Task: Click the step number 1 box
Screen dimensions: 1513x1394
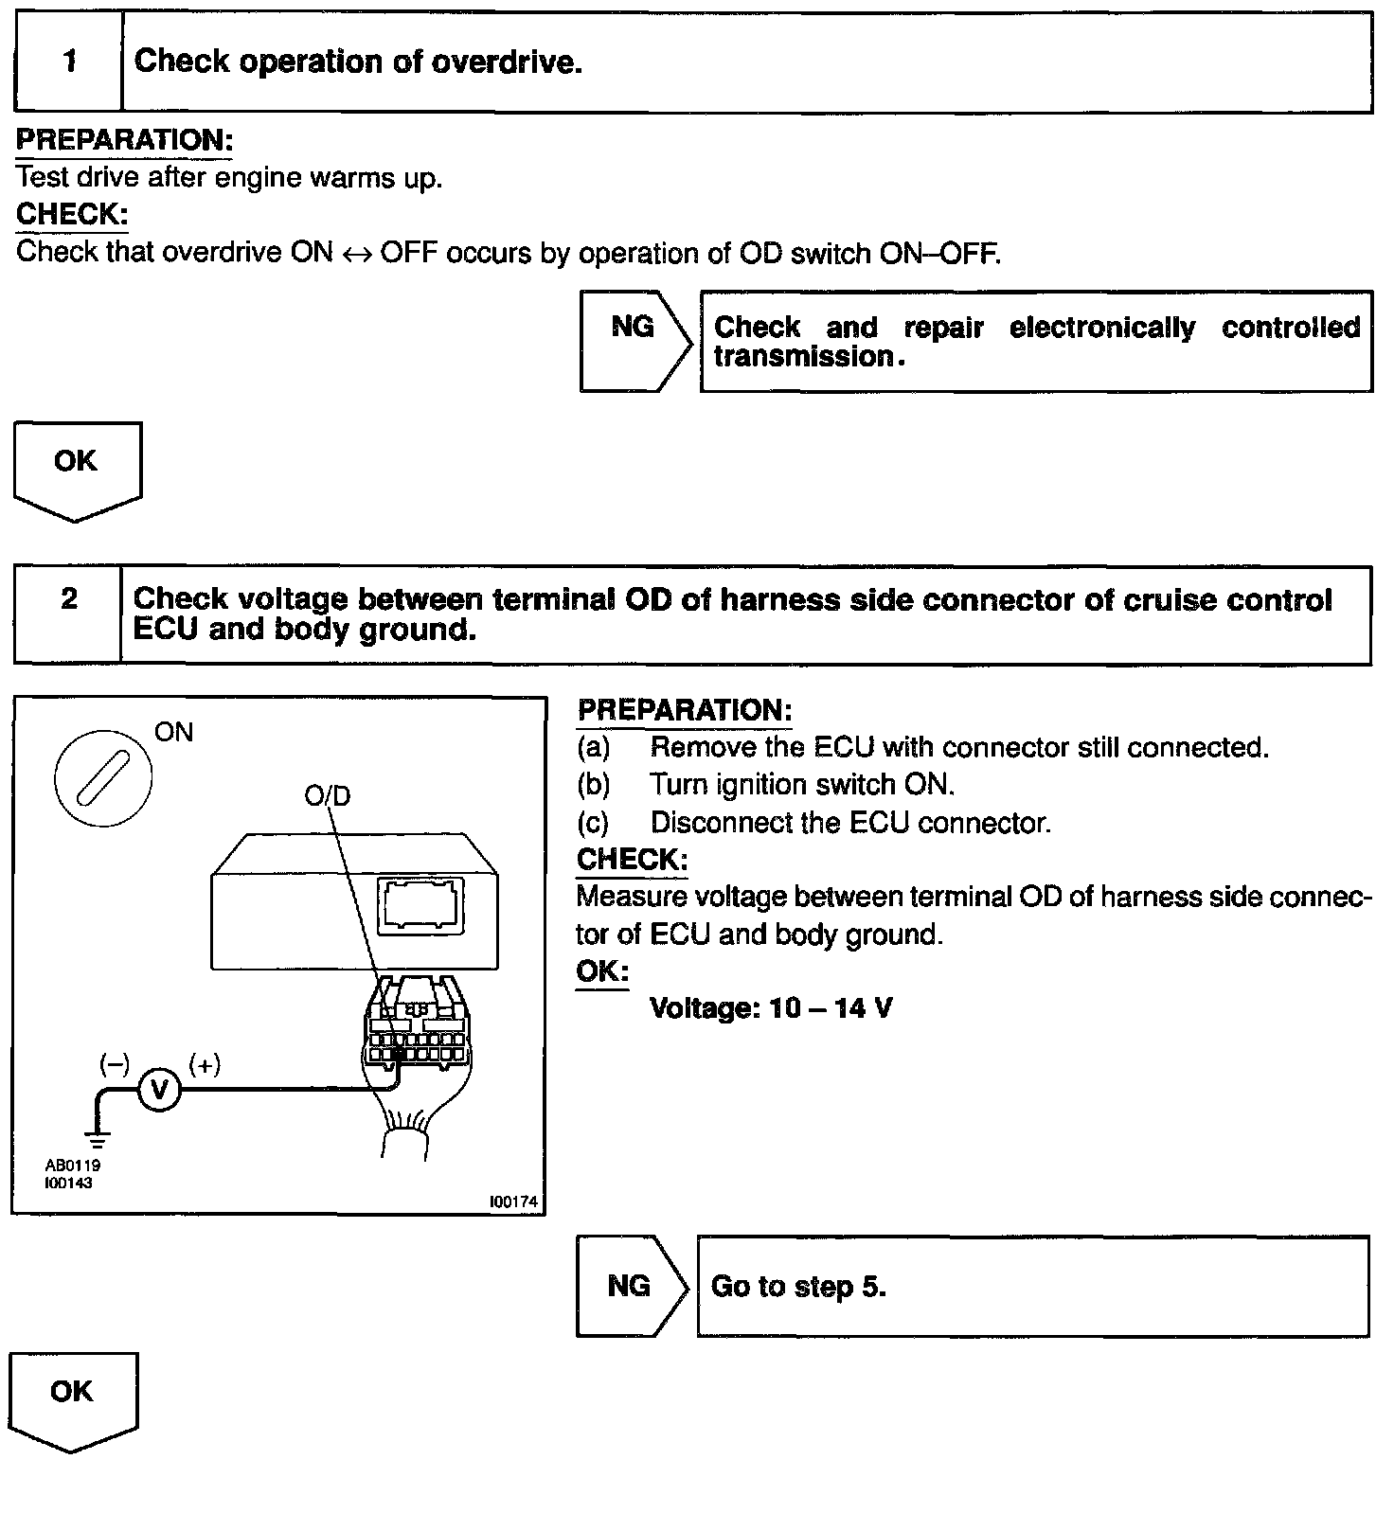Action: click(x=69, y=62)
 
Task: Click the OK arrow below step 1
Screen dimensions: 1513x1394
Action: click(x=76, y=466)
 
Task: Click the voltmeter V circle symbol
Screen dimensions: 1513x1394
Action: click(x=159, y=1091)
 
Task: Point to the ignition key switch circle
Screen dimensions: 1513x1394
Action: click(x=102, y=777)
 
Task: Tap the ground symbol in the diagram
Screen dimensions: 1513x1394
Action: click(x=97, y=1136)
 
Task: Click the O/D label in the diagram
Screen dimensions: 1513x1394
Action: click(x=327, y=795)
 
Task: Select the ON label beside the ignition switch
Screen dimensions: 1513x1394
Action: click(x=173, y=732)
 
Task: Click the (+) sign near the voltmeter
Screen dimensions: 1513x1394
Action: click(x=205, y=1064)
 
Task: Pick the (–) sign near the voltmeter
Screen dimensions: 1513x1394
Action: click(x=115, y=1064)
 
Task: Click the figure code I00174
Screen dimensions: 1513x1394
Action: click(x=513, y=1201)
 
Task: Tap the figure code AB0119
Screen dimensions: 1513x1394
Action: click(x=72, y=1166)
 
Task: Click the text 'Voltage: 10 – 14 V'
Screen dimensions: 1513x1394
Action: click(x=770, y=1007)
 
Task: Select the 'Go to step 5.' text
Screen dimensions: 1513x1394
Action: click(x=797, y=1286)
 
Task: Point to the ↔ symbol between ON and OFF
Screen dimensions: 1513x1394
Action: click(x=357, y=254)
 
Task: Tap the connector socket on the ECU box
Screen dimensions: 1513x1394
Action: click(x=420, y=903)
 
